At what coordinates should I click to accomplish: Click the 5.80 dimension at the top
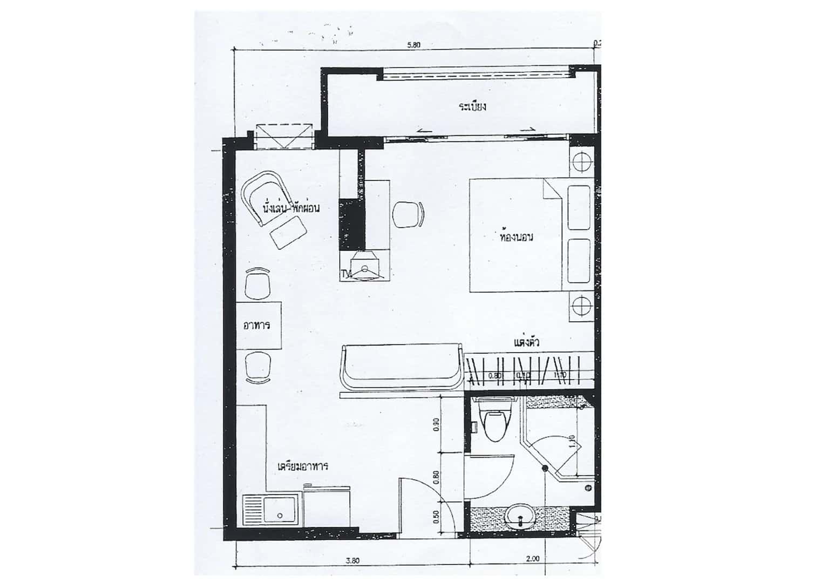(413, 45)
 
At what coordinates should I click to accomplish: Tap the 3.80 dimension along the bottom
(352, 560)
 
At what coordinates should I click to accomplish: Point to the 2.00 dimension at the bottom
(532, 559)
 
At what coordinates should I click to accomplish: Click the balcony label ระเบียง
(473, 106)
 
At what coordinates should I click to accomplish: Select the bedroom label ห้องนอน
(517, 236)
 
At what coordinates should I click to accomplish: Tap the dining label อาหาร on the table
(257, 326)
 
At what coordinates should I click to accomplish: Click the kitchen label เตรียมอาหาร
(303, 466)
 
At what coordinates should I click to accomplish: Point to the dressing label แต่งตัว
(527, 342)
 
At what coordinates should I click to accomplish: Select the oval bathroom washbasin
(520, 516)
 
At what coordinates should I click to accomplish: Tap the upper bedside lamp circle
(581, 161)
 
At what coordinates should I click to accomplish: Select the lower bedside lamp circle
(581, 306)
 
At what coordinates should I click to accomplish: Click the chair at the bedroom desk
(408, 214)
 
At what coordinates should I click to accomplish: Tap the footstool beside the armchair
(288, 235)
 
